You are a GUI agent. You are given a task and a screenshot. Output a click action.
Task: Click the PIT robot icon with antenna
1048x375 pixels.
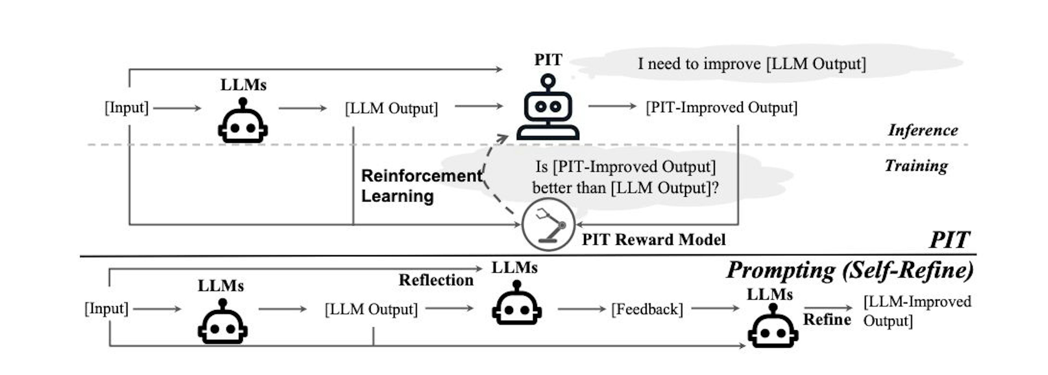coord(548,108)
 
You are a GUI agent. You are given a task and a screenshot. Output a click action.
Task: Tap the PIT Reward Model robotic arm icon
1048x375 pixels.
coord(548,225)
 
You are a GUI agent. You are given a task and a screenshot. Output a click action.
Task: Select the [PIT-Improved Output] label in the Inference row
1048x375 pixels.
coord(721,107)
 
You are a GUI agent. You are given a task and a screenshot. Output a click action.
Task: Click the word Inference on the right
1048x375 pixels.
coord(923,130)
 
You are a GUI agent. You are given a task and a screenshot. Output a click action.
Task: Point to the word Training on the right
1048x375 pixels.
coord(916,166)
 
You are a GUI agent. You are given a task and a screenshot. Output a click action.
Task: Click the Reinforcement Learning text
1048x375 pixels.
coord(421,186)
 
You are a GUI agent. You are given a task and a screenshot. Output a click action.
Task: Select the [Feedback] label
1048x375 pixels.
coord(647,309)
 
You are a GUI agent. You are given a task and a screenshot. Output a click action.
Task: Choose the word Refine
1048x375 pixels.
coord(827,319)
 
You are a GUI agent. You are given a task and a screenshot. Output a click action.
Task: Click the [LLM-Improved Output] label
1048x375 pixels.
coord(917,311)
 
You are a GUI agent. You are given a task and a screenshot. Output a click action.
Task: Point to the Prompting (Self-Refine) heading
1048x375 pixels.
coord(850,270)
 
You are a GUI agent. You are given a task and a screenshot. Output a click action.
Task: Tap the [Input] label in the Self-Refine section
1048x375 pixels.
coord(106,309)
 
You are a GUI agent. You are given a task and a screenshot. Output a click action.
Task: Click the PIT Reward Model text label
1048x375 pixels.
coord(653,240)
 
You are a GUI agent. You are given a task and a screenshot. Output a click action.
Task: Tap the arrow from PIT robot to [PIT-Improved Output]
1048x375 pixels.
coord(612,106)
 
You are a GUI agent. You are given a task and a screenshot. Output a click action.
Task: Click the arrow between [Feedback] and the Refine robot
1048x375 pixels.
coord(715,308)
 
